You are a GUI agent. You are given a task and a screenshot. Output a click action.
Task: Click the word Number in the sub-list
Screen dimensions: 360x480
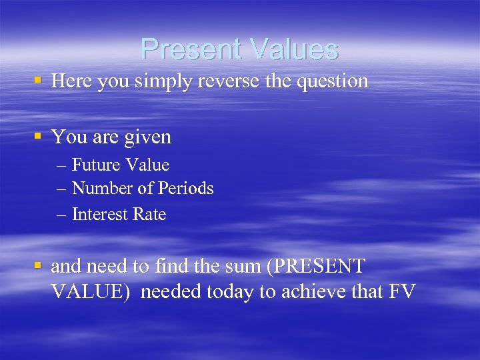click(99, 189)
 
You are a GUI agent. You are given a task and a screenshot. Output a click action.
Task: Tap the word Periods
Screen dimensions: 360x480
click(185, 189)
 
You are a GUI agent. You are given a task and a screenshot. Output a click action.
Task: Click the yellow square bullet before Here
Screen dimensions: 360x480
click(39, 81)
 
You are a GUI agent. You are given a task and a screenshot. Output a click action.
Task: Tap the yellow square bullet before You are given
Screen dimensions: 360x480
click(39, 137)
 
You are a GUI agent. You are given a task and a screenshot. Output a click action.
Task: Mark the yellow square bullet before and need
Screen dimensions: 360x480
click(39, 266)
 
